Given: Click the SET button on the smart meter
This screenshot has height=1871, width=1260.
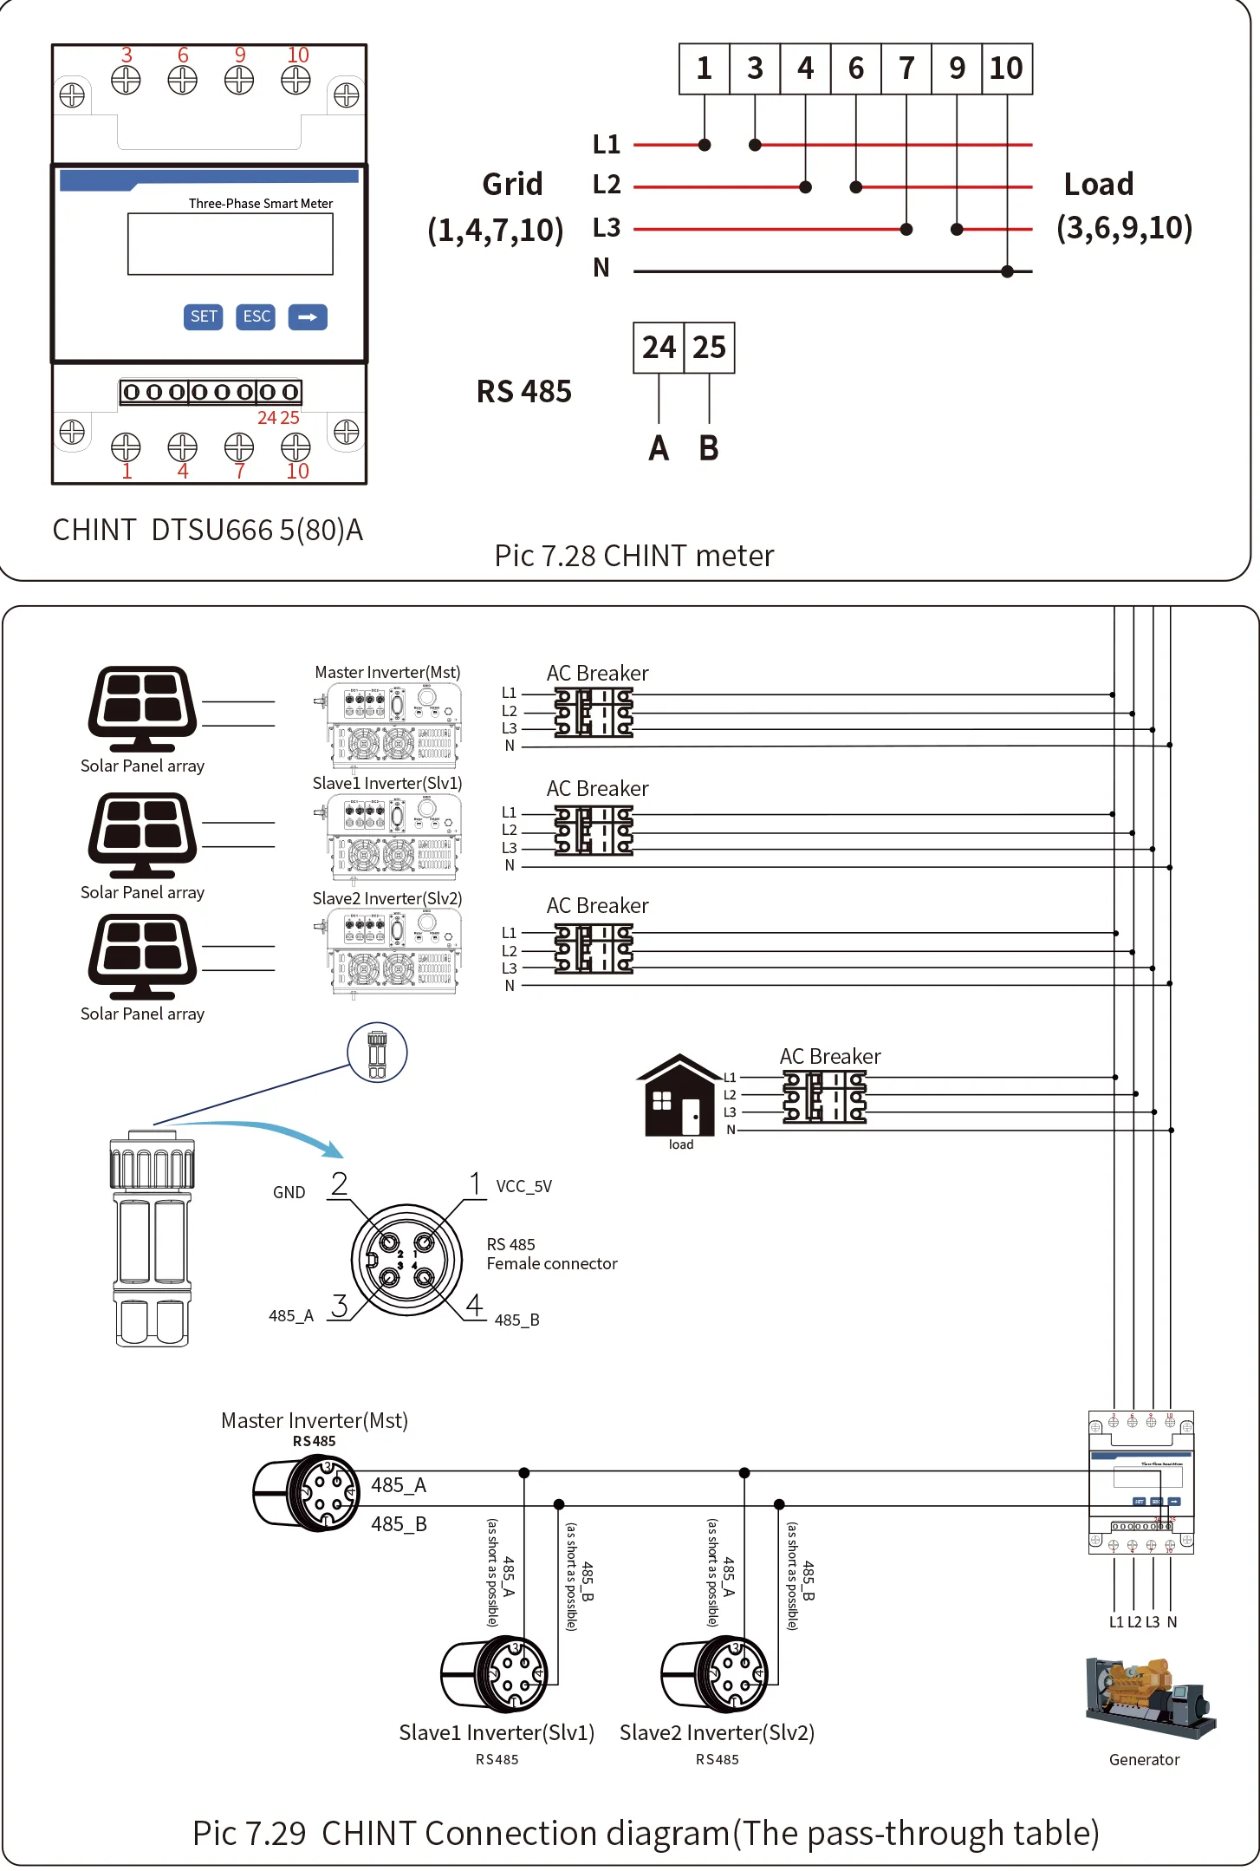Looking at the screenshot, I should (x=204, y=316).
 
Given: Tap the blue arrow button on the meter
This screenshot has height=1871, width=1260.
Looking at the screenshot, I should (x=308, y=316).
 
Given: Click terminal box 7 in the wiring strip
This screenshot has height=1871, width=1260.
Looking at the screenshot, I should (x=906, y=68).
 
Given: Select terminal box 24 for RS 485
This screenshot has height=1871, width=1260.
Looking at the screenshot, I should (x=659, y=348).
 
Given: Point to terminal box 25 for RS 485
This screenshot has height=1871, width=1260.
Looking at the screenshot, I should (x=710, y=348).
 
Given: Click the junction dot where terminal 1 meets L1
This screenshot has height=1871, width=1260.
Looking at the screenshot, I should (x=705, y=145).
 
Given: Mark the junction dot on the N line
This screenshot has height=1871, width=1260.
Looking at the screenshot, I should (x=1007, y=271).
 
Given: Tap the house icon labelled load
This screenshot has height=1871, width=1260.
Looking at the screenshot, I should (x=679, y=1096).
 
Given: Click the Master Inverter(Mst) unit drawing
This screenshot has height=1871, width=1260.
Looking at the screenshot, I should (x=390, y=725).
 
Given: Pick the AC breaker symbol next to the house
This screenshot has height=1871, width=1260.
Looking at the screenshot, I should (x=824, y=1097).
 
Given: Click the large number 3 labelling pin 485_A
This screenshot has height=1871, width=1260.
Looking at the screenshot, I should (x=339, y=1306).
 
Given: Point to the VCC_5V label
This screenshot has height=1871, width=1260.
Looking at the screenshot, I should (x=523, y=1186).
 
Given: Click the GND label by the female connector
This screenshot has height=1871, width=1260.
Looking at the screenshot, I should (x=289, y=1192).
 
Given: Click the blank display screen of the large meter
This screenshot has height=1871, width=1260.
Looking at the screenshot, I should (x=230, y=244).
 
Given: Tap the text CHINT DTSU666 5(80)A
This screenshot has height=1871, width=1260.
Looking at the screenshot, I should (x=207, y=530).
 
